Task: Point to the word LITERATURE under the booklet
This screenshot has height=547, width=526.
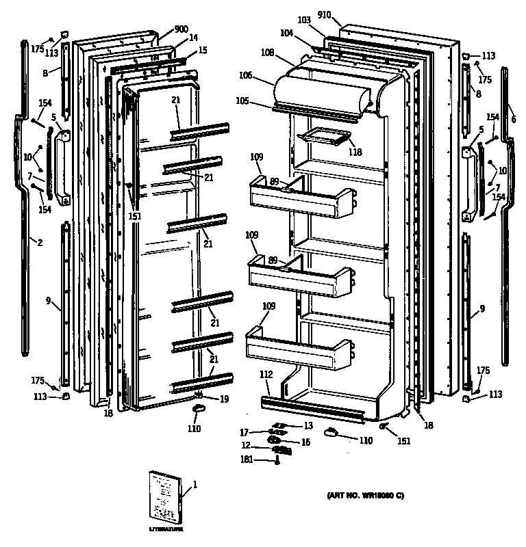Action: click(x=166, y=530)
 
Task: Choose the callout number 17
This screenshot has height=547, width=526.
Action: click(x=244, y=432)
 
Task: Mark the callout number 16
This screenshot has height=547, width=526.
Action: click(x=305, y=442)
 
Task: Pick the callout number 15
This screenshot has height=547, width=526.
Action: click(x=203, y=51)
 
